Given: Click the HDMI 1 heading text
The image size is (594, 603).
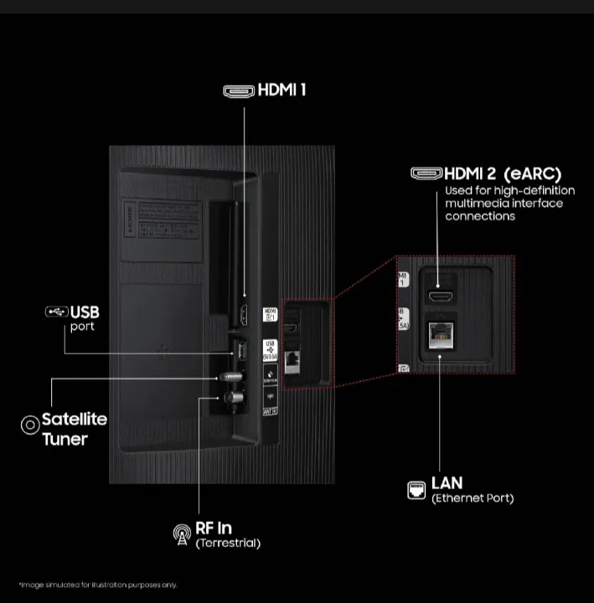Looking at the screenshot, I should [x=281, y=90].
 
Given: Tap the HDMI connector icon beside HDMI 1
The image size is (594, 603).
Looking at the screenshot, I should [x=239, y=90].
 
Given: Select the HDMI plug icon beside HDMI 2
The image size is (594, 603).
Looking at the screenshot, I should [x=426, y=173].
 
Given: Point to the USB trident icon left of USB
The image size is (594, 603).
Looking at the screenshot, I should [x=57, y=312].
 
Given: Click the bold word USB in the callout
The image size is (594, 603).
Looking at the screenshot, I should [x=85, y=312].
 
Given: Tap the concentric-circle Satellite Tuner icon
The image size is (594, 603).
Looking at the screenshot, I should [x=29, y=424].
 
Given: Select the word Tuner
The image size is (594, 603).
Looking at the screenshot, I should [x=65, y=438].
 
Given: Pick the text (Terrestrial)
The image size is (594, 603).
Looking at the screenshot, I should [x=227, y=544].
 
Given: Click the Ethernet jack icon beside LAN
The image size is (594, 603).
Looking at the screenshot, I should [x=416, y=490].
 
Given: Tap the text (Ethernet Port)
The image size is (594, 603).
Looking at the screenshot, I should [x=472, y=498].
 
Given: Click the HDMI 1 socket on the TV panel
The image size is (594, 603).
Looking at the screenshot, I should [x=244, y=315].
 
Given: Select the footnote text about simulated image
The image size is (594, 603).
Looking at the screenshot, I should [x=97, y=585].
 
